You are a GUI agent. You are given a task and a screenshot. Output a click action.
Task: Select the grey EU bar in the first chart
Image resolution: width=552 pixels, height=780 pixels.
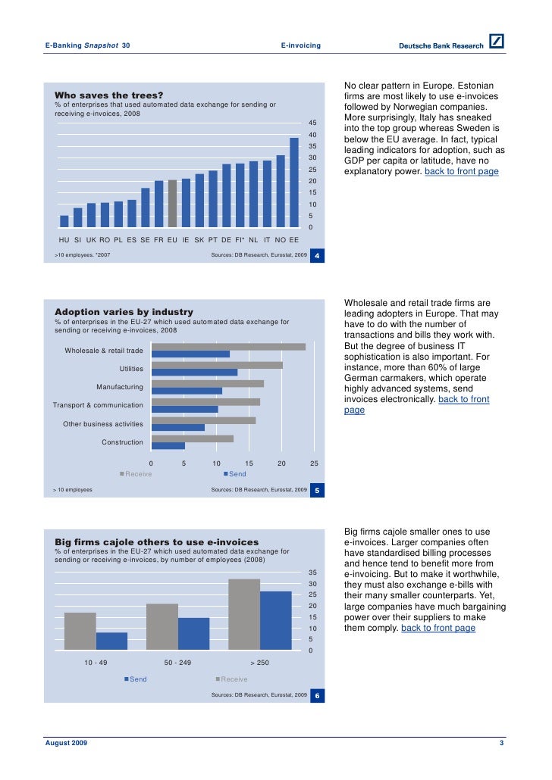pos(172,203)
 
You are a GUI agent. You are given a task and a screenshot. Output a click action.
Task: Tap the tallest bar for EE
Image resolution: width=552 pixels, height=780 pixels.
pos(294,182)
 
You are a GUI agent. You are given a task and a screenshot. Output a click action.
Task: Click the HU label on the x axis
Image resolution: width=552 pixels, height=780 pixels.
pos(64,239)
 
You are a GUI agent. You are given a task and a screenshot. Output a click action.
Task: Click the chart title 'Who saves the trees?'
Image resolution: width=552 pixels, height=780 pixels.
pos(108,95)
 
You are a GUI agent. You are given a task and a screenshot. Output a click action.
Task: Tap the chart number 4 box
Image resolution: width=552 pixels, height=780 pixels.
pos(318,256)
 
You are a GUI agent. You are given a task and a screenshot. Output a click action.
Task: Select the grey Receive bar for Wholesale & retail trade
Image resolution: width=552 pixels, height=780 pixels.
pos(228,347)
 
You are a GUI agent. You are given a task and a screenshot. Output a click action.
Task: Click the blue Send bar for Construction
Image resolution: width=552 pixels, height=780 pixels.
pos(168,446)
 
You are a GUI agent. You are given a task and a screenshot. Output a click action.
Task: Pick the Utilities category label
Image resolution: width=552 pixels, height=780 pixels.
pos(131,369)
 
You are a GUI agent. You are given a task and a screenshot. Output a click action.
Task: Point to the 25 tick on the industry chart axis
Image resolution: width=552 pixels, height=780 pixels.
pos(315,463)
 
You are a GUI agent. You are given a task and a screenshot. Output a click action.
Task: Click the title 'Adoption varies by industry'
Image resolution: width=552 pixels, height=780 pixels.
pos(124,312)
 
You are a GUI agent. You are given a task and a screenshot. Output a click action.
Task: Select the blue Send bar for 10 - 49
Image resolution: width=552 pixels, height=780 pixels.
pos(111,641)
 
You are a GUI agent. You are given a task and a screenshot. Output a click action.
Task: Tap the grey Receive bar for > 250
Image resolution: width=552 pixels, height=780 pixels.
pos(243,614)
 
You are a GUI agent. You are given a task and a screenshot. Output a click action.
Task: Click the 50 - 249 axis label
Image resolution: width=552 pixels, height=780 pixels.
pos(177,663)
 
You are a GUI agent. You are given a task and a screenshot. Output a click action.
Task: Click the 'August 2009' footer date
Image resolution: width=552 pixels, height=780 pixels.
pos(67,744)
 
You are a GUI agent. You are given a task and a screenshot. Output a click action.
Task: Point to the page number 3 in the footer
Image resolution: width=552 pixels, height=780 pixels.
pos(502,744)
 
